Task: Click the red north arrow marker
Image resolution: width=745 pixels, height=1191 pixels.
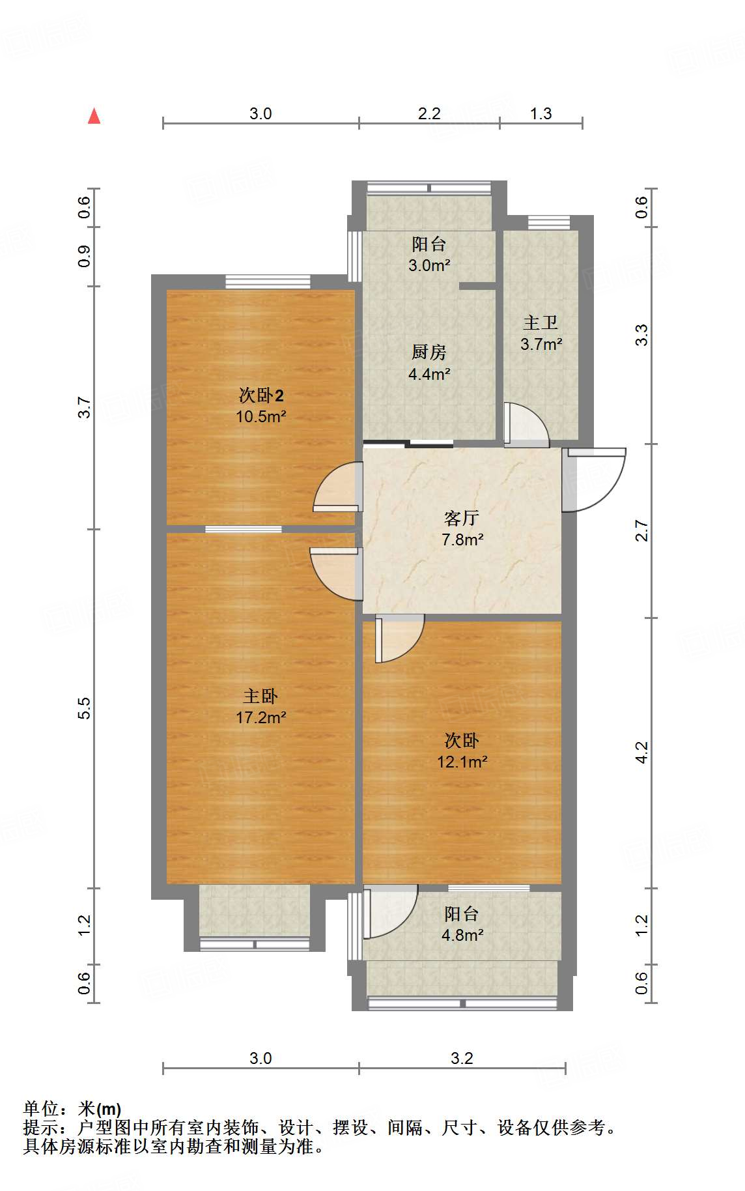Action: point(94,117)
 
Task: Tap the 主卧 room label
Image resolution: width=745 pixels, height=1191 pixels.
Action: point(260,696)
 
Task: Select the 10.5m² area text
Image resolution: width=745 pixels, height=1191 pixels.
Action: point(260,417)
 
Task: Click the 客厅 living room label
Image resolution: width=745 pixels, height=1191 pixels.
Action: point(462,519)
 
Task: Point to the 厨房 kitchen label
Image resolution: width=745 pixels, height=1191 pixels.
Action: point(429,352)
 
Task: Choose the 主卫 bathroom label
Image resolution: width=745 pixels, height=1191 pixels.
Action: point(541,323)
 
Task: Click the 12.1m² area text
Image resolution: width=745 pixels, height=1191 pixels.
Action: point(462,762)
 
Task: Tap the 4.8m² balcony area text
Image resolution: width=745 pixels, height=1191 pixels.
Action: point(462,936)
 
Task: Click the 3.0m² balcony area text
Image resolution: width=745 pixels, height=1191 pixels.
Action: point(429,265)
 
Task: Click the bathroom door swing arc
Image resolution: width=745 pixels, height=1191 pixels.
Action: point(526,425)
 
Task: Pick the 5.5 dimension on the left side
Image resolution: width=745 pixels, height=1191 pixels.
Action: point(84,708)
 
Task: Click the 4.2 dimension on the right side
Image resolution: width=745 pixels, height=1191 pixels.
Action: point(642,753)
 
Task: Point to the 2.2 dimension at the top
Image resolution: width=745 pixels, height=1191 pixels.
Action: point(429,113)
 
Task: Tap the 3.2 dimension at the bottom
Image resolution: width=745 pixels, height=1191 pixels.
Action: point(462,1058)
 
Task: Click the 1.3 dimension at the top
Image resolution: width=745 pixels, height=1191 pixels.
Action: point(541,113)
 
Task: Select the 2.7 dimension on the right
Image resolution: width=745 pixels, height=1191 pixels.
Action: point(642,530)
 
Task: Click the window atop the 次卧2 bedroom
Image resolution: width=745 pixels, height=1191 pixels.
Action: point(268,281)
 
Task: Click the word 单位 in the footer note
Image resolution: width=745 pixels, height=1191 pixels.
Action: point(42,1109)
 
